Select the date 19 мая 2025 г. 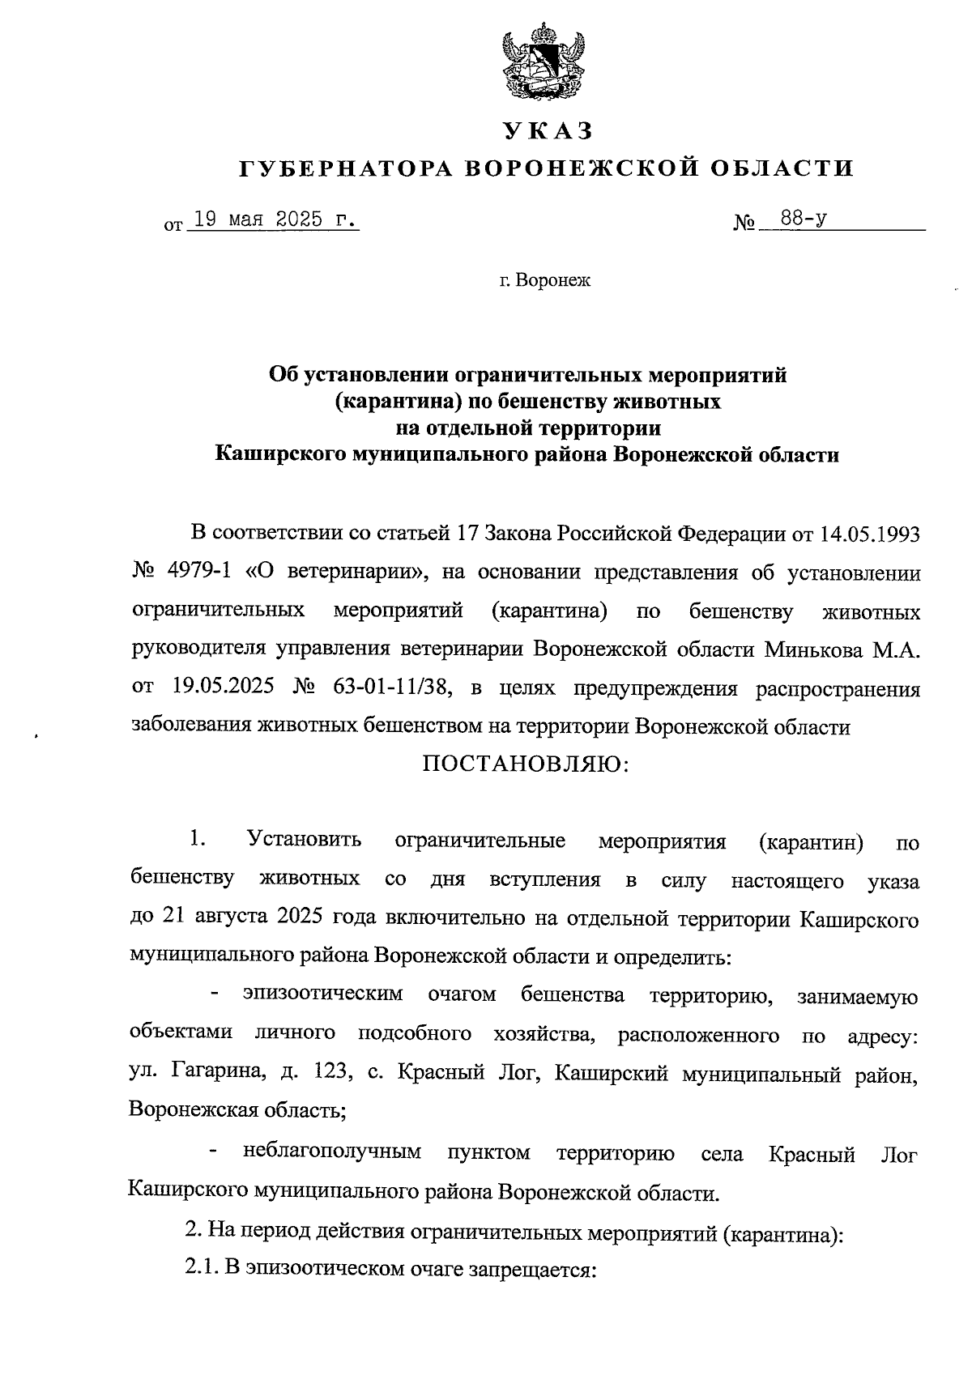272,220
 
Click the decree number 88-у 798,219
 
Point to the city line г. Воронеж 545,281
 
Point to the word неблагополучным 331,1152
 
